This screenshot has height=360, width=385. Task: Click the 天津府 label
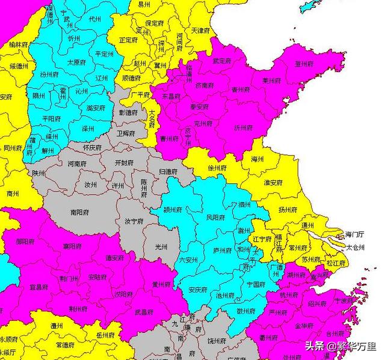pos(200,29)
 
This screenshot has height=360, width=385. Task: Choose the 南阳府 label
pos(79,212)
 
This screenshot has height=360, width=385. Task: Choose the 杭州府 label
pos(289,294)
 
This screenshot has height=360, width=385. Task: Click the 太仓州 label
pos(357,246)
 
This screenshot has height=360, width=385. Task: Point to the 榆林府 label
pos(18,44)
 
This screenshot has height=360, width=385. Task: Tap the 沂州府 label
pos(243,128)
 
